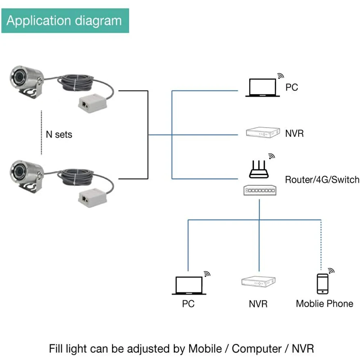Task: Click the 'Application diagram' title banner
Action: click(x=65, y=21)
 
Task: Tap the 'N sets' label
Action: click(x=59, y=135)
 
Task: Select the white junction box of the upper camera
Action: click(x=93, y=103)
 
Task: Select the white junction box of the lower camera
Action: click(x=93, y=198)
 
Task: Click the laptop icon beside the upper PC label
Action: click(x=263, y=88)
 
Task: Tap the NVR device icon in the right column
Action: click(x=263, y=132)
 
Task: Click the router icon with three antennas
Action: click(x=259, y=170)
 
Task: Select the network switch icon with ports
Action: click(x=260, y=190)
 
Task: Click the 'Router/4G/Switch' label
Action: click(x=322, y=180)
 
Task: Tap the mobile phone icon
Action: click(x=323, y=284)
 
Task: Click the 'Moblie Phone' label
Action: click(x=324, y=304)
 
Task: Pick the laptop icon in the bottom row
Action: click(x=189, y=285)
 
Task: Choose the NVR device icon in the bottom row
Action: click(x=258, y=282)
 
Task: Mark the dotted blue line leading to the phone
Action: click(x=321, y=245)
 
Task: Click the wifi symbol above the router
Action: click(x=271, y=156)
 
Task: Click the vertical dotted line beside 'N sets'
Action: click(x=41, y=133)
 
